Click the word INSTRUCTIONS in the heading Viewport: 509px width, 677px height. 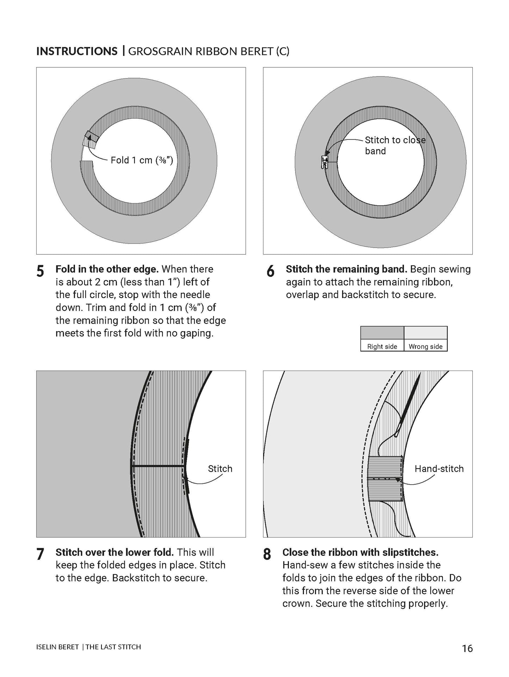(77, 51)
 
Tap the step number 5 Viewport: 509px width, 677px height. (41, 271)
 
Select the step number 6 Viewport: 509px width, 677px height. (271, 271)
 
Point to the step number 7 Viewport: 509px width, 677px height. (41, 554)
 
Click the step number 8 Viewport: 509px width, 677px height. (267, 554)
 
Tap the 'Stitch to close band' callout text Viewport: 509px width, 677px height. (395, 145)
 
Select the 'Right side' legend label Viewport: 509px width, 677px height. (382, 346)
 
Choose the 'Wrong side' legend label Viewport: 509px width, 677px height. (426, 346)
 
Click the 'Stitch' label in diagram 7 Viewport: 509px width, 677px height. (220, 468)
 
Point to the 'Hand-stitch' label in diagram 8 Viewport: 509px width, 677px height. (439, 468)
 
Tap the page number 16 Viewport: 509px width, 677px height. (467, 648)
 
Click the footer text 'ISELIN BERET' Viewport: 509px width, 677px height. (57, 647)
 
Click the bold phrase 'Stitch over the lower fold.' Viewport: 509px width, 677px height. (114, 552)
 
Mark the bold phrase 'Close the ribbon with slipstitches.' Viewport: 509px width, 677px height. (360, 552)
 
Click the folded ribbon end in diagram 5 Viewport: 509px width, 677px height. (90, 139)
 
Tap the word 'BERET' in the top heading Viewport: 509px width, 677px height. (256, 51)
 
